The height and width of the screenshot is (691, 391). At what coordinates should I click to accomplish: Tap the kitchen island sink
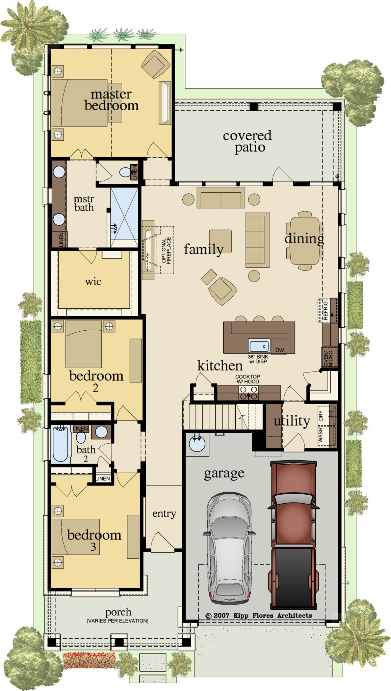pyautogui.click(x=259, y=346)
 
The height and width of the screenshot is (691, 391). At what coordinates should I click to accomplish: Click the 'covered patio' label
pyautogui.click(x=247, y=141)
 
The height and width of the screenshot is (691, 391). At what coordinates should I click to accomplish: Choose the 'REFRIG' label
pyautogui.click(x=325, y=310)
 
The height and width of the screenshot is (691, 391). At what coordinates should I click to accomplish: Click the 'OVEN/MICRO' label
pyautogui.click(x=328, y=358)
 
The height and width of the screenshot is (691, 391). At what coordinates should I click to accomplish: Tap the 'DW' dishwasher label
pyautogui.click(x=280, y=350)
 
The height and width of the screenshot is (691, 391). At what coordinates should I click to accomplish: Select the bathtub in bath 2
pyautogui.click(x=61, y=444)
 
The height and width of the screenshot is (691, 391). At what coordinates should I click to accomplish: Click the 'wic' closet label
pyautogui.click(x=93, y=281)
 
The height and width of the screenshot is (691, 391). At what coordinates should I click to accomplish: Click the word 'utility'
pyautogui.click(x=291, y=421)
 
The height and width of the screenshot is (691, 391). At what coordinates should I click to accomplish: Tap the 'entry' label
pyautogui.click(x=164, y=514)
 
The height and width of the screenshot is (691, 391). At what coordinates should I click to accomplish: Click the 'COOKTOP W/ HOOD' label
pyautogui.click(x=247, y=379)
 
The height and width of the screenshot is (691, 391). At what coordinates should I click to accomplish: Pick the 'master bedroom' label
pyautogui.click(x=111, y=100)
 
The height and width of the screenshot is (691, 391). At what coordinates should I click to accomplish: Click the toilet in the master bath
pyautogui.click(x=126, y=172)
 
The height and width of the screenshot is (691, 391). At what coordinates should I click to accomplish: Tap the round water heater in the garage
pyautogui.click(x=197, y=443)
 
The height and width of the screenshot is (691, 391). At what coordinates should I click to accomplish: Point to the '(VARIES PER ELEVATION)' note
pyautogui.click(x=118, y=620)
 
